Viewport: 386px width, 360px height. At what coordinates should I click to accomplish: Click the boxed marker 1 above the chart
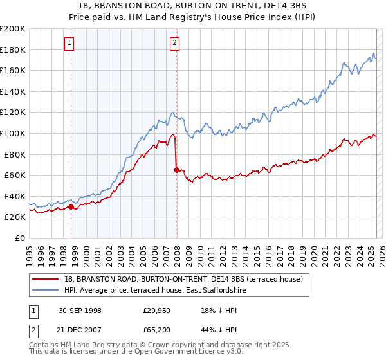click(69, 44)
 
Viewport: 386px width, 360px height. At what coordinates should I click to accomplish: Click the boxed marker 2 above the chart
click(174, 44)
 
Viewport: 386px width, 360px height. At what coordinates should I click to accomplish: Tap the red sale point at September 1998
click(71, 206)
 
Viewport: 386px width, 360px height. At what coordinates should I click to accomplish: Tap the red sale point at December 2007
click(176, 170)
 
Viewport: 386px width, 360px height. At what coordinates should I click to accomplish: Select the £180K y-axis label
click(13, 50)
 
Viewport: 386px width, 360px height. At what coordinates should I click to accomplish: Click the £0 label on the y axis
click(19, 238)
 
